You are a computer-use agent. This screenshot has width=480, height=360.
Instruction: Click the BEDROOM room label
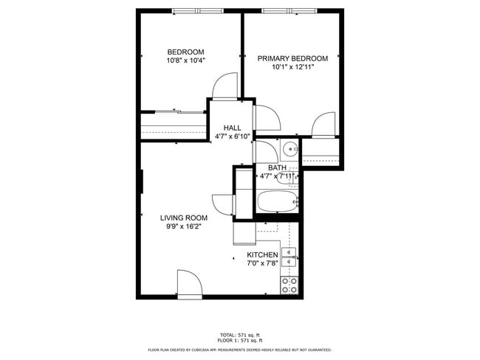[x=185, y=52]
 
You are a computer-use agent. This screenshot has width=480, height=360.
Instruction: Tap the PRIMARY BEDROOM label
[x=292, y=58]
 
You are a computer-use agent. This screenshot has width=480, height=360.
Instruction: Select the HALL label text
[x=233, y=128]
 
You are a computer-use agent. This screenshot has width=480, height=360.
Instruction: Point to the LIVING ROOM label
[x=184, y=218]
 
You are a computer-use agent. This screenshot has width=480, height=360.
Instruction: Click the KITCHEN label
[x=262, y=255]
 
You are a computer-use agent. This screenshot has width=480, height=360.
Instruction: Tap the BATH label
[x=277, y=167]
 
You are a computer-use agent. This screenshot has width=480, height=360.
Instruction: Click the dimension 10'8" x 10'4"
[x=185, y=60]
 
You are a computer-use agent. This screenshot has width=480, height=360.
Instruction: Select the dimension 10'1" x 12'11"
[x=292, y=67]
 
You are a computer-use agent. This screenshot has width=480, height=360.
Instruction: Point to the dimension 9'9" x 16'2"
[x=184, y=226]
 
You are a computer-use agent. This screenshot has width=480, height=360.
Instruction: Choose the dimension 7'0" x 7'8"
[x=262, y=263]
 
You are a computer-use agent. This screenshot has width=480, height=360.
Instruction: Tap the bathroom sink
[x=289, y=150]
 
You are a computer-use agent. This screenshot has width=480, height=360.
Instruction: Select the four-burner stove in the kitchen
[x=289, y=285]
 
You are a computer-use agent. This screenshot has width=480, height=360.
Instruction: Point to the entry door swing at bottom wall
[x=188, y=284]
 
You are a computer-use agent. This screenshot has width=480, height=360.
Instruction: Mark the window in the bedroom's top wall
[x=197, y=11]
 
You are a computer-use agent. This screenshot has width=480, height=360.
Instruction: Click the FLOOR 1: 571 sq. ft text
[x=240, y=341]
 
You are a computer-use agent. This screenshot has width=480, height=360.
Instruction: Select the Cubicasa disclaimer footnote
[x=240, y=350]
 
